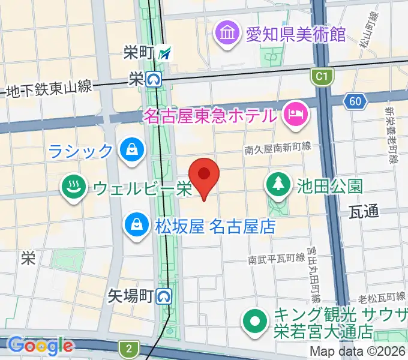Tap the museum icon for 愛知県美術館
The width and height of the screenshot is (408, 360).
click(x=228, y=32)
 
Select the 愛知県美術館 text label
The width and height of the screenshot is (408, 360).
click(x=296, y=32)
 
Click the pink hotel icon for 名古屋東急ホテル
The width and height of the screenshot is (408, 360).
click(x=296, y=114)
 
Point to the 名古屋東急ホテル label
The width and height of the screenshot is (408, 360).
click(x=210, y=114)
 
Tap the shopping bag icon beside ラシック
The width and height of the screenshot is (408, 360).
click(x=130, y=150)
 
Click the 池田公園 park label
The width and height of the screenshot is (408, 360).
click(x=330, y=185)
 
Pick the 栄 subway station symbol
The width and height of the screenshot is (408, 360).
click(x=155, y=79)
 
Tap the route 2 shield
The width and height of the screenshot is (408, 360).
click(x=128, y=347)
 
